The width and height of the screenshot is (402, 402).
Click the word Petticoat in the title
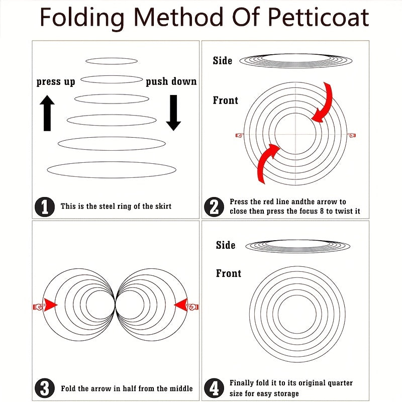pos(318,17)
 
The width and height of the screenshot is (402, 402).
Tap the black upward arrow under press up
pos(47,113)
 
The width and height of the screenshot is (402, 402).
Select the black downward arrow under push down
pos(173,113)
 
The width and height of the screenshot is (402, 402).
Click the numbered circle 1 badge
pos(45,207)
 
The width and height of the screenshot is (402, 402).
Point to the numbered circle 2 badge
pos(214,207)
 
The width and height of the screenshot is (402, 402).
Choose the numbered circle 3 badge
pos(45,388)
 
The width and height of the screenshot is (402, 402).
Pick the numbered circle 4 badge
pos(214,388)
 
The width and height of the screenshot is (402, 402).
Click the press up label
pos(56,82)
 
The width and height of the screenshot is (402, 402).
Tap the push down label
pos(171,81)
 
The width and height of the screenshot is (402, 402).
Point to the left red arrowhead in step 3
pos(50,305)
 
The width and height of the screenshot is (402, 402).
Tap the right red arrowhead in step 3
pos(181,305)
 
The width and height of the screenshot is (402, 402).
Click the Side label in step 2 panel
pos(223,61)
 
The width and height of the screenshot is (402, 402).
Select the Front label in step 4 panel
pos(229,273)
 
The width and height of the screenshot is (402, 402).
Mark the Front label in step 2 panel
pos(226,100)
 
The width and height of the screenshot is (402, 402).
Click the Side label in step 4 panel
pos(226,245)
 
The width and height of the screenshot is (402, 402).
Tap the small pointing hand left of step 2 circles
pos(240,135)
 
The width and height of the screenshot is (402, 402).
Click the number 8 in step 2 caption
pos(322,211)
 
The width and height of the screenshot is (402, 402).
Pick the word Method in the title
pos(178,17)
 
